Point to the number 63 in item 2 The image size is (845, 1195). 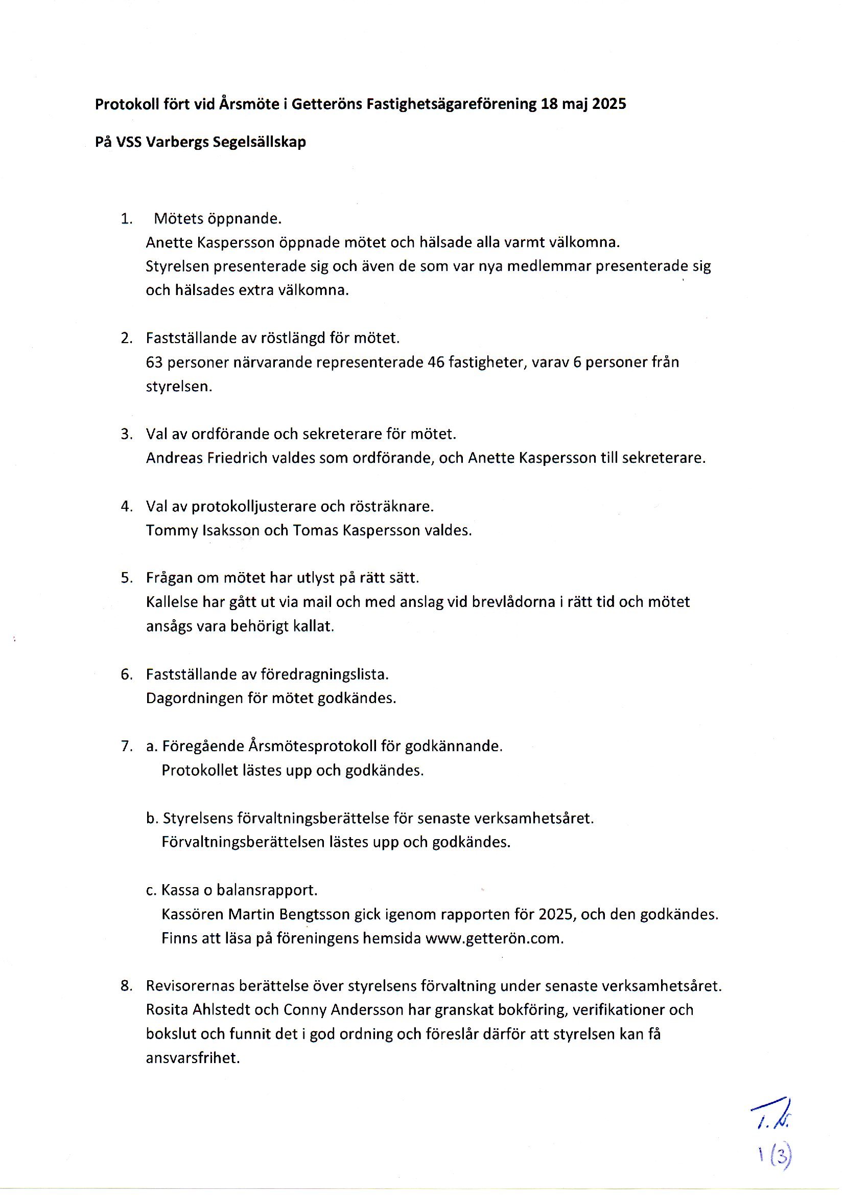[x=154, y=362]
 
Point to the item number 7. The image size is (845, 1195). [x=126, y=746]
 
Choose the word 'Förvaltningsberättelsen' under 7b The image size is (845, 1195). [x=243, y=842]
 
